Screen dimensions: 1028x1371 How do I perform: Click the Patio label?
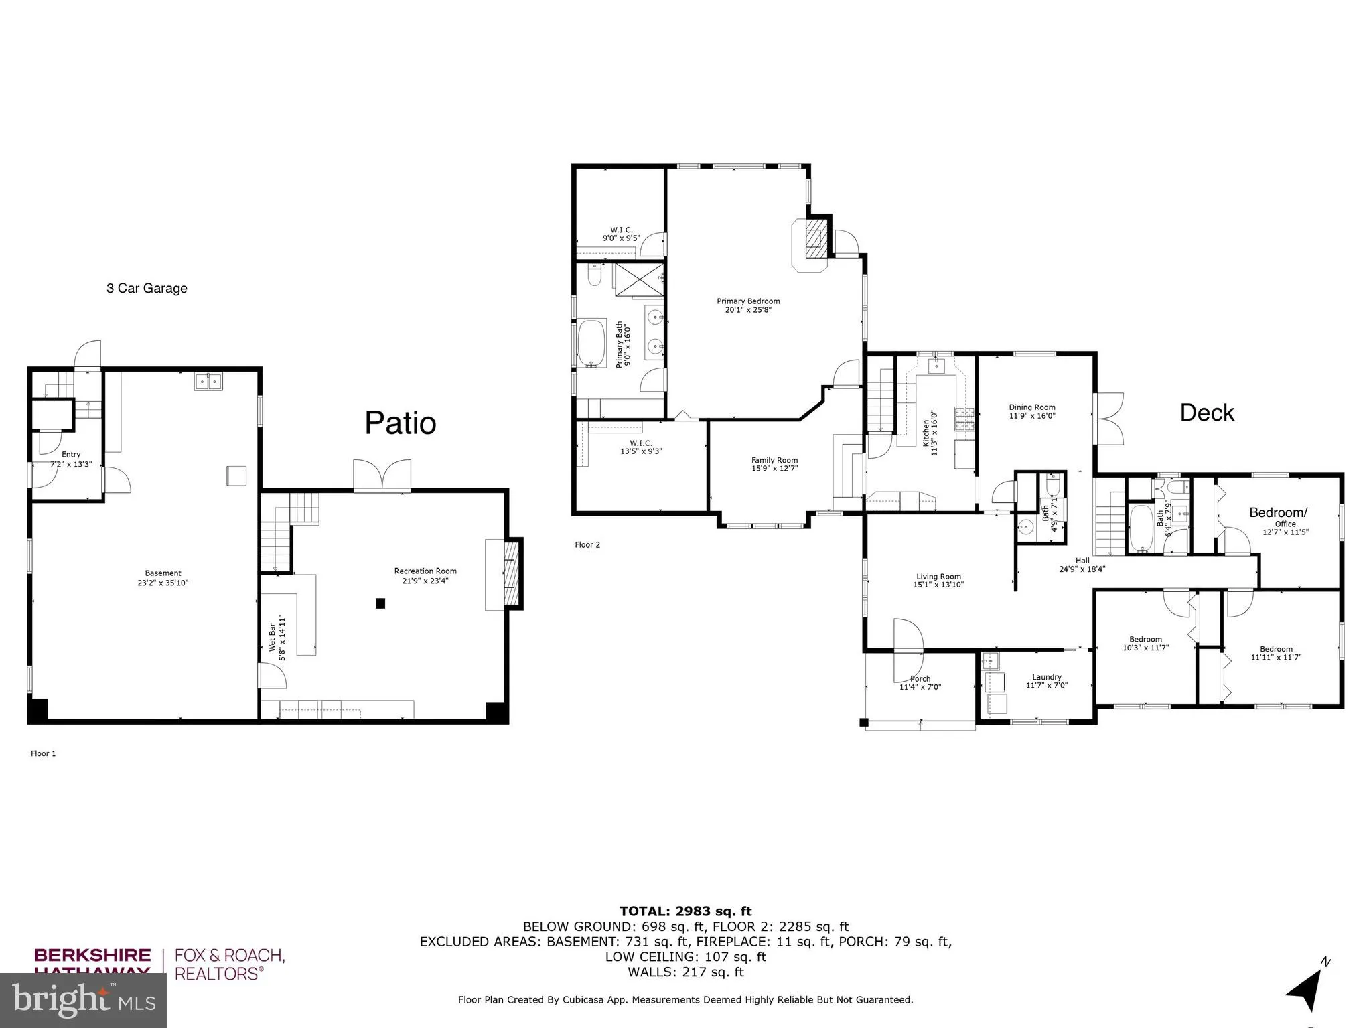tap(400, 423)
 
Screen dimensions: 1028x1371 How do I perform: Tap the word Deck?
tap(1206, 413)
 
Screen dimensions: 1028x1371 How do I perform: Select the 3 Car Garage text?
tap(147, 289)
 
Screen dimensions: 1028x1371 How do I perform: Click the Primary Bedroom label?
tap(748, 301)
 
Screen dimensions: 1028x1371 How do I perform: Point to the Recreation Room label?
tap(425, 571)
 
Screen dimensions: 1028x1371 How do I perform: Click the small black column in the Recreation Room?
tap(380, 603)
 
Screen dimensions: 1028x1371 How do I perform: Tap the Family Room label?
tap(774, 460)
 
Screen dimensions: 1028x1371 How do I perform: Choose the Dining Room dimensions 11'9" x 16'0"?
tap(1032, 416)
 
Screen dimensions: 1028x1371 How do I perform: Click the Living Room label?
tap(938, 576)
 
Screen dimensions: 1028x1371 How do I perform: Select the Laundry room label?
tap(1046, 677)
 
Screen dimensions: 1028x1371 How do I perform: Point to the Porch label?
tap(920, 678)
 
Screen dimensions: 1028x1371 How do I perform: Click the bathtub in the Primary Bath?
tap(591, 344)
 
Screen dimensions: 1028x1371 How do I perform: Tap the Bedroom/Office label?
tap(1278, 513)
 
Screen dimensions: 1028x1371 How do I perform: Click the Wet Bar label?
tap(272, 638)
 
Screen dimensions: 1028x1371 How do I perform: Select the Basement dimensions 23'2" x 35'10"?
tap(163, 583)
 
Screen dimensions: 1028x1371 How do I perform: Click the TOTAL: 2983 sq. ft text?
tap(685, 911)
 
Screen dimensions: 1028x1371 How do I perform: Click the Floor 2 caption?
tap(587, 544)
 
